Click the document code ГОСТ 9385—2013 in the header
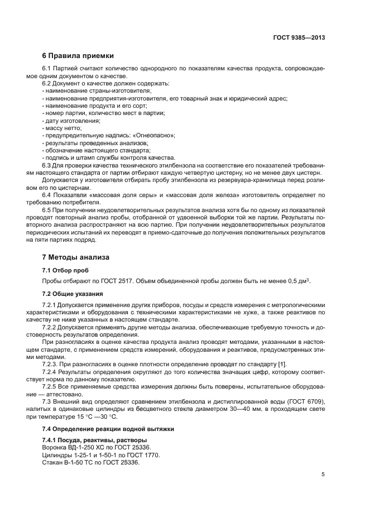click(299, 38)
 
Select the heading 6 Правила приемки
click(78, 56)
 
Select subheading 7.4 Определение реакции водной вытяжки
click(100, 428)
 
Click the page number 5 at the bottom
click(323, 475)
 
